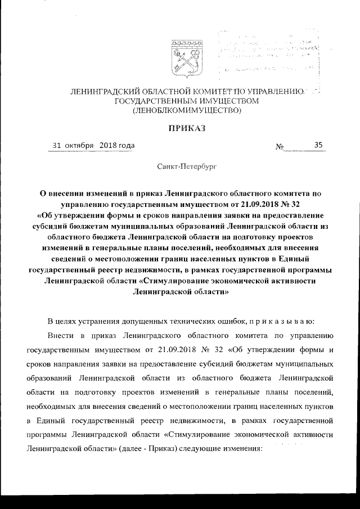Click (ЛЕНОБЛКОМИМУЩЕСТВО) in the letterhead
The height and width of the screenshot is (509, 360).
point(187,110)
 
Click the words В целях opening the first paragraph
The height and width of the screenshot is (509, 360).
point(62,321)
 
